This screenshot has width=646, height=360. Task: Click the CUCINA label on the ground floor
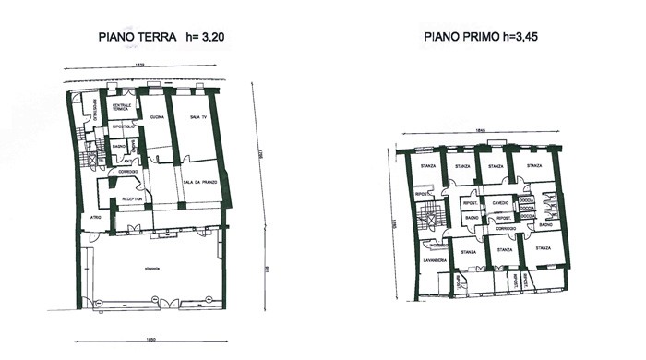[x=157, y=116]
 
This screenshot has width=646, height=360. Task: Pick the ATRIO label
[x=94, y=217]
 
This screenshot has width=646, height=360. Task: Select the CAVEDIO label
[x=501, y=201]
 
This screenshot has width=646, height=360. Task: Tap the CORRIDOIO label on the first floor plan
[x=505, y=227]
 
